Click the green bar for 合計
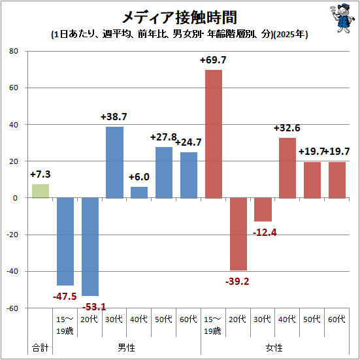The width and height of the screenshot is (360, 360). click(40, 191)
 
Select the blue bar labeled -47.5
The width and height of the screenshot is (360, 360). click(65, 241)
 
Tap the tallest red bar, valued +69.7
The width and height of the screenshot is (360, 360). click(214, 134)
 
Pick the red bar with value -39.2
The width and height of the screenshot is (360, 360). click(238, 234)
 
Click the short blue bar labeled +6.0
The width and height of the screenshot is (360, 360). click(139, 192)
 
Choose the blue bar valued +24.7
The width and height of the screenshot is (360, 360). click(189, 175)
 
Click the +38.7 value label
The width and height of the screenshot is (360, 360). click(114, 116)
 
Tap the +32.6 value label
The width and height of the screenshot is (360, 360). click(287, 127)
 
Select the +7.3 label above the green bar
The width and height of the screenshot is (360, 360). click(40, 174)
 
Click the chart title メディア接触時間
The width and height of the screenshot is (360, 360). click(179, 17)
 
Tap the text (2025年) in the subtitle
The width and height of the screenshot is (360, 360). click(291, 35)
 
